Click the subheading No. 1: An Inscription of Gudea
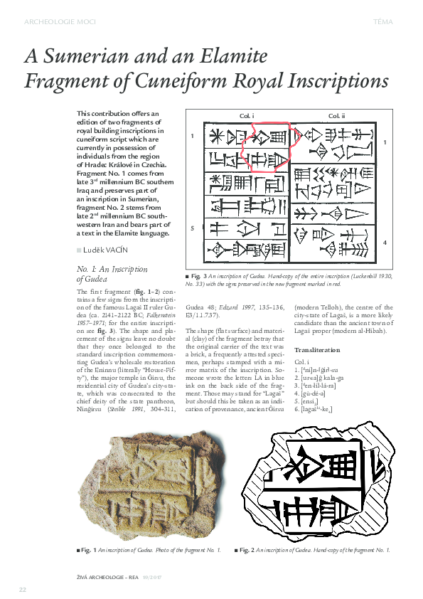[x=111, y=274]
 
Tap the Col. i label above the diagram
[x=247, y=115]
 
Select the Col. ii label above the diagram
[x=336, y=115]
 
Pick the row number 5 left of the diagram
[x=191, y=228]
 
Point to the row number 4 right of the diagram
[x=385, y=243]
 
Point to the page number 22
[x=23, y=590]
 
